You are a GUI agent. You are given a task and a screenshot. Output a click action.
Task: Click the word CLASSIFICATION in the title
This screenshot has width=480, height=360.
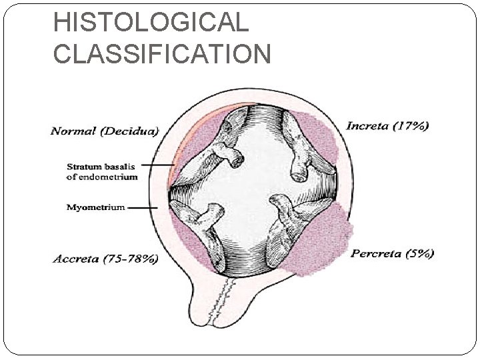pos(162,53)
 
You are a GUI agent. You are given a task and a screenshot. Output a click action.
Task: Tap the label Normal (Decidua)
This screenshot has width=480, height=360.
pos(105,131)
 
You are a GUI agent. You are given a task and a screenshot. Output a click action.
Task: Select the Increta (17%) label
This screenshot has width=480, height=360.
pos(387,125)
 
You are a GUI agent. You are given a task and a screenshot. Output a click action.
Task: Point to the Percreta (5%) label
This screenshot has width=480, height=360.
pos(393,253)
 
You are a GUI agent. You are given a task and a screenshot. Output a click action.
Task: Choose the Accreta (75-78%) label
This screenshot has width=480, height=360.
pos(105,259)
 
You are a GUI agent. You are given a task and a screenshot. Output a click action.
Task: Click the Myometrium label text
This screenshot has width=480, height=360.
pos(95,207)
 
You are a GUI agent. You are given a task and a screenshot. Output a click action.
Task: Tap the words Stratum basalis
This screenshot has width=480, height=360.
pos(101,167)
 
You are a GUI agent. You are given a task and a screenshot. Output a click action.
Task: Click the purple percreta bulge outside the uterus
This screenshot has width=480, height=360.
pos(327,237)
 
